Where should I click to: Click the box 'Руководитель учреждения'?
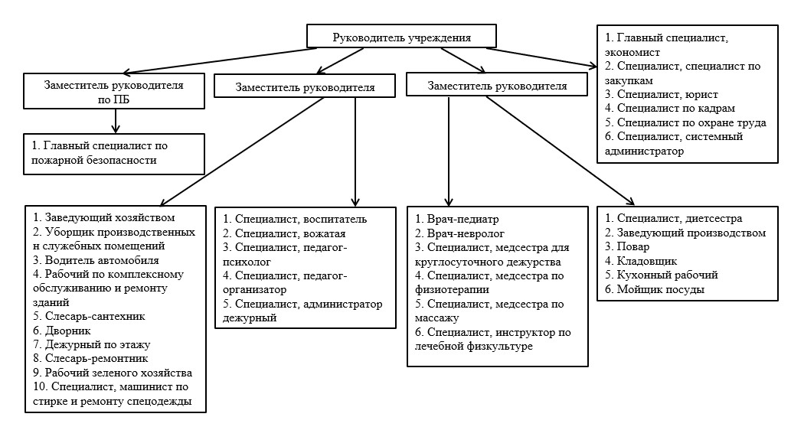[401, 36]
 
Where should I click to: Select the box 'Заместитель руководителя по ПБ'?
[114, 91]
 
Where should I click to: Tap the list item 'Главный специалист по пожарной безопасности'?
[100, 153]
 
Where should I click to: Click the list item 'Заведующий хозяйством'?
[104, 218]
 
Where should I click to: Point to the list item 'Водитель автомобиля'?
[96, 260]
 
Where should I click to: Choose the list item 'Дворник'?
[62, 331]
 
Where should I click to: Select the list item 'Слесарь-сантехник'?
[89, 317]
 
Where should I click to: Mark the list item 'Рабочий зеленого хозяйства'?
[113, 373]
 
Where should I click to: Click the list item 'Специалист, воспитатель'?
[295, 220]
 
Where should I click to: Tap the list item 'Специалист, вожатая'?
[285, 233]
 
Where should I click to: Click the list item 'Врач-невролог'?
[459, 233]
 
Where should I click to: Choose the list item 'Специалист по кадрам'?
[670, 109]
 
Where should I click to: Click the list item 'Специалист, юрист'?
[662, 94]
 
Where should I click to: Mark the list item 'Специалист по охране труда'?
[685, 122]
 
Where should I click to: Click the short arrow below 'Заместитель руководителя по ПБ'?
[116, 121]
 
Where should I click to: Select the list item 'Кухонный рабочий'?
[662, 275]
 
